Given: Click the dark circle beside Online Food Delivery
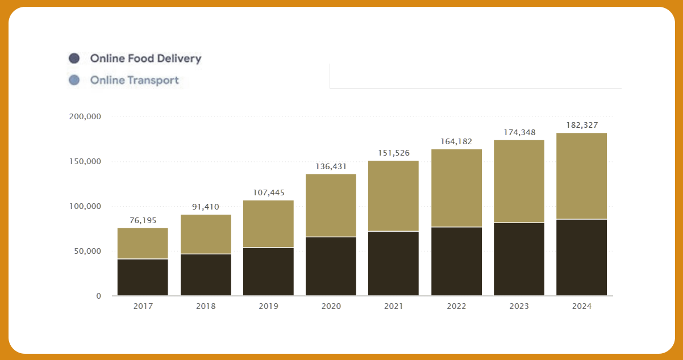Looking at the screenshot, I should click(74, 58).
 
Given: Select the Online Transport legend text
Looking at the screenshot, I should click(134, 80).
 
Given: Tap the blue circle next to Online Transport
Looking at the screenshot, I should click(74, 80).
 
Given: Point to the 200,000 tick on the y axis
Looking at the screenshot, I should click(85, 117).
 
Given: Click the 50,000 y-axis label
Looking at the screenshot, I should click(87, 251).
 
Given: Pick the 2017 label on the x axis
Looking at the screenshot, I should click(143, 306).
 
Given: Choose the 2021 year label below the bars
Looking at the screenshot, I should click(393, 306).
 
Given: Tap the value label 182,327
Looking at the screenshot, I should click(582, 125).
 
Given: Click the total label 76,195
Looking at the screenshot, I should click(143, 220).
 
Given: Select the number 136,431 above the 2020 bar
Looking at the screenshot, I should click(331, 166).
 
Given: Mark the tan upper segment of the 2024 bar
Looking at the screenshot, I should click(581, 175).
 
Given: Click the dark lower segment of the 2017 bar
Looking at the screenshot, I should click(143, 277).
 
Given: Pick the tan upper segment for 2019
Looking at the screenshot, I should click(268, 223).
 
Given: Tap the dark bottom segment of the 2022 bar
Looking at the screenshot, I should click(456, 261).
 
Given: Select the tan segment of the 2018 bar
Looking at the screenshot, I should click(206, 234).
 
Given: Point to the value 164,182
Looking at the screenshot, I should click(456, 141).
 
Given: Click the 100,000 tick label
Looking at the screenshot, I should click(85, 206).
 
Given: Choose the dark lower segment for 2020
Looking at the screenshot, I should click(331, 266).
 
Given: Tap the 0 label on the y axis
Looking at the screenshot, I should click(98, 296).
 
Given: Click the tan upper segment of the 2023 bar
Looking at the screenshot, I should click(519, 181).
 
